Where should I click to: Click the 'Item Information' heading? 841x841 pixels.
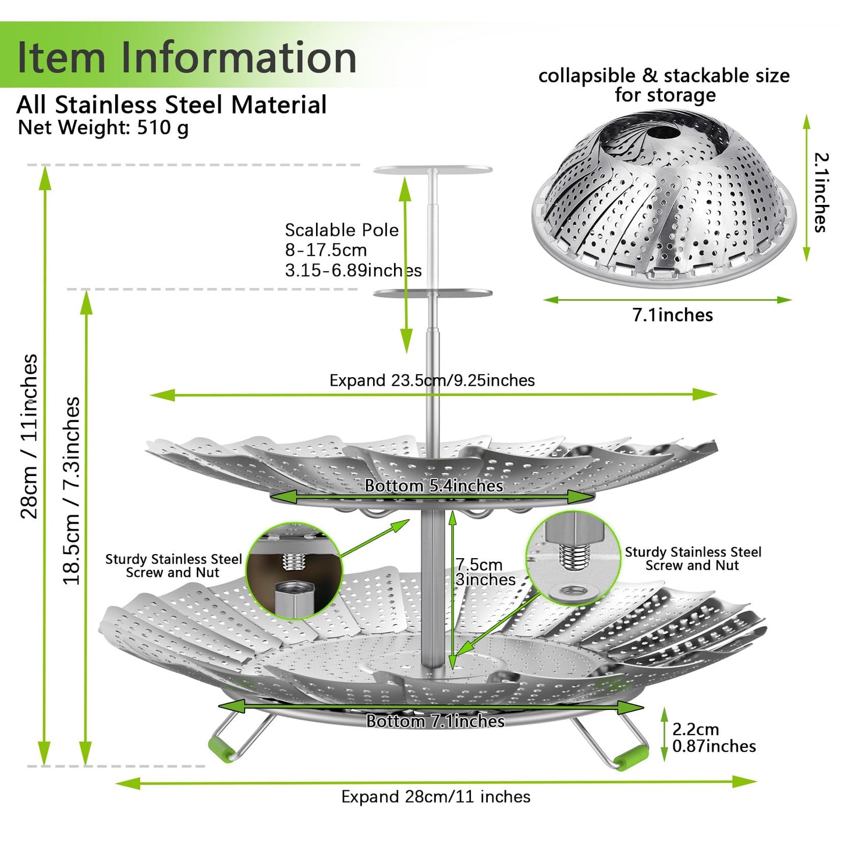pyautogui.click(x=187, y=56)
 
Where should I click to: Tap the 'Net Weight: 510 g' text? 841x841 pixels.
pyautogui.click(x=104, y=127)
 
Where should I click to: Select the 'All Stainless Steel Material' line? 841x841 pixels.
pyautogui.click(x=171, y=105)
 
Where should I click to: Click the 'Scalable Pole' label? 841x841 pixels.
pyautogui.click(x=342, y=230)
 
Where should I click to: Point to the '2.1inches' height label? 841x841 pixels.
pyautogui.click(x=821, y=192)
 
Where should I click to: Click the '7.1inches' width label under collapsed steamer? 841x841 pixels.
pyautogui.click(x=673, y=315)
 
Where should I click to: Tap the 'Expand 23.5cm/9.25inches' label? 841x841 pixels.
pyautogui.click(x=432, y=380)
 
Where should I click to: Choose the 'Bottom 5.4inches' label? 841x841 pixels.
pyautogui.click(x=434, y=486)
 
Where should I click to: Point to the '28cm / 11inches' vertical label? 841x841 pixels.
pyautogui.click(x=30, y=436)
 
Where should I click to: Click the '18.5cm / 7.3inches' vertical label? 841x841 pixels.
pyautogui.click(x=72, y=491)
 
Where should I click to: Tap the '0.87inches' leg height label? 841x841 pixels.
pyautogui.click(x=714, y=746)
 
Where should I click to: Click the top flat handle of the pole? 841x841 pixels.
pyautogui.click(x=432, y=169)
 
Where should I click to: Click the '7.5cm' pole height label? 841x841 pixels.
pyautogui.click(x=479, y=565)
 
